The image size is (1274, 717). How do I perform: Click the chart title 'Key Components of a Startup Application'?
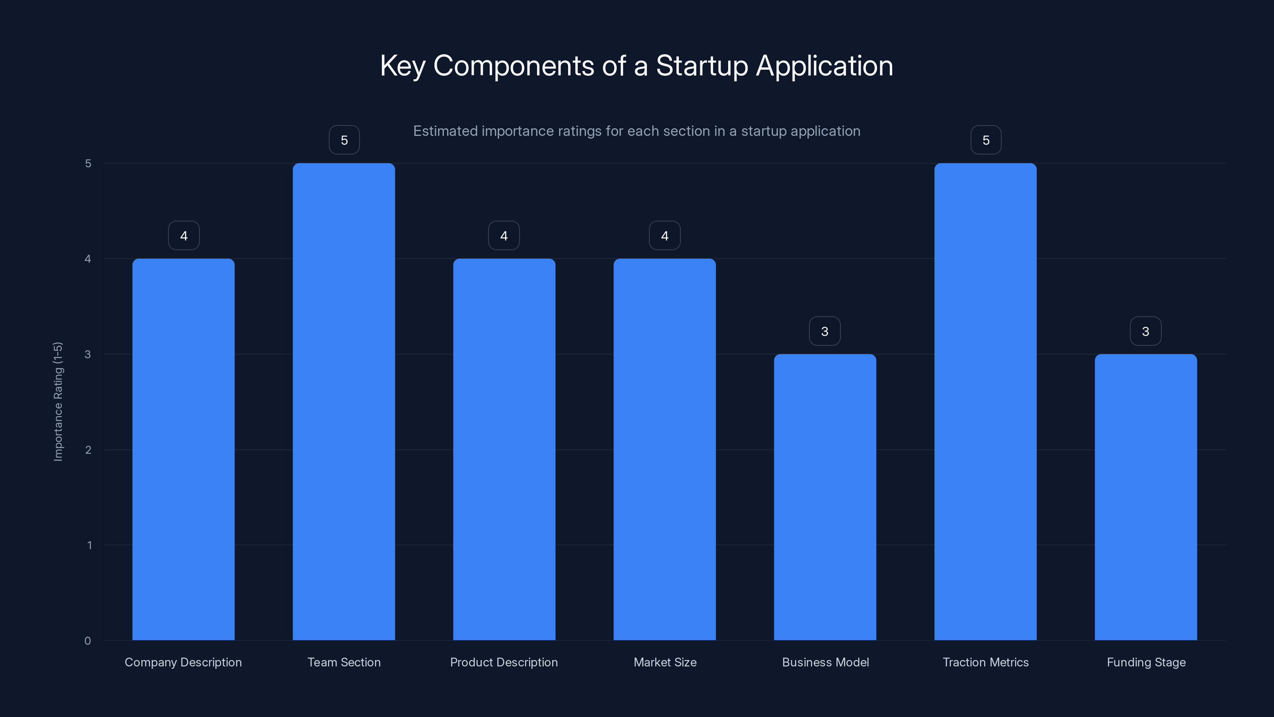(637, 66)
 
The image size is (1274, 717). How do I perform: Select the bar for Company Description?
(184, 449)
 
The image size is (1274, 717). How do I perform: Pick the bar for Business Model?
(825, 497)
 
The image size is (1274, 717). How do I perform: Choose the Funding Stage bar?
(1145, 497)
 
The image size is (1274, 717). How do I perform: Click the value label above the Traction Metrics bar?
(986, 140)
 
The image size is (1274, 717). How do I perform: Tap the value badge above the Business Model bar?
(825, 331)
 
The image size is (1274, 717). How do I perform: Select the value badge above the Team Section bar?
(344, 140)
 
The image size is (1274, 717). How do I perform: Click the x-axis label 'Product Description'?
(504, 662)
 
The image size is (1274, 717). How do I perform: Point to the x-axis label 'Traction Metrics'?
(986, 662)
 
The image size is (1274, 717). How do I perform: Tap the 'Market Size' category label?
(665, 662)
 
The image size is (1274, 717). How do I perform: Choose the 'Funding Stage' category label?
(1146, 662)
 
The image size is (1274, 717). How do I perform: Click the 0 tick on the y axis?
(88, 641)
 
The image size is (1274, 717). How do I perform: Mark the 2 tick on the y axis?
(88, 450)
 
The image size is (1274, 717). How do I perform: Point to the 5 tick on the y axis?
(88, 163)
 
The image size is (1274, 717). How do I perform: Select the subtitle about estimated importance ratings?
(637, 131)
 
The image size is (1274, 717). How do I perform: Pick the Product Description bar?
(504, 449)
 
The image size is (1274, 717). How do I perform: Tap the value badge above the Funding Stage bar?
(1145, 331)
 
